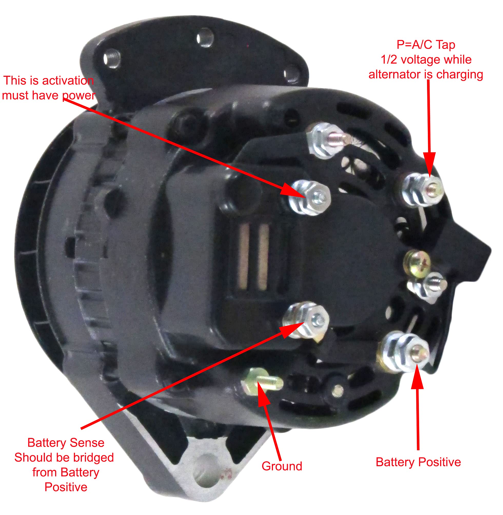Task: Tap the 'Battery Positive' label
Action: (x=418, y=462)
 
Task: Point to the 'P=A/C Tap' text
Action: (x=426, y=45)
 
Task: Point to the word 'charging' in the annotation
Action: (x=459, y=74)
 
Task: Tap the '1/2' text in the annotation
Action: (x=389, y=60)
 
